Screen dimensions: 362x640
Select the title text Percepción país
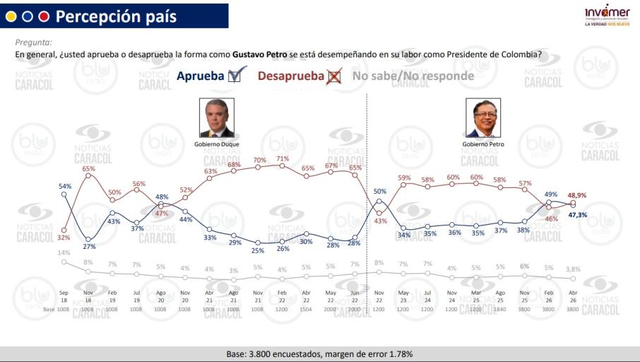coord(116,16)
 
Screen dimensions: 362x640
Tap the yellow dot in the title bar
coord(11,16)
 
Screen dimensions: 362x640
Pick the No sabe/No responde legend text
coord(413,76)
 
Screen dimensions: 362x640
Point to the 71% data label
coord(283,158)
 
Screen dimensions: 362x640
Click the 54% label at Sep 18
coord(64,185)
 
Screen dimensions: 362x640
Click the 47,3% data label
coord(577,214)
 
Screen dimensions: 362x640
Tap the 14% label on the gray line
coord(64,252)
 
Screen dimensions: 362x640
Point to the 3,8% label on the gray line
coord(573,269)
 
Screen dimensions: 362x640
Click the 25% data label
coord(259,250)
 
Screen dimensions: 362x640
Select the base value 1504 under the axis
coord(307,309)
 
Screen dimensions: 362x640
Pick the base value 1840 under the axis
coord(500,309)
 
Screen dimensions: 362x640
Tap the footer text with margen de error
coord(319,354)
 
